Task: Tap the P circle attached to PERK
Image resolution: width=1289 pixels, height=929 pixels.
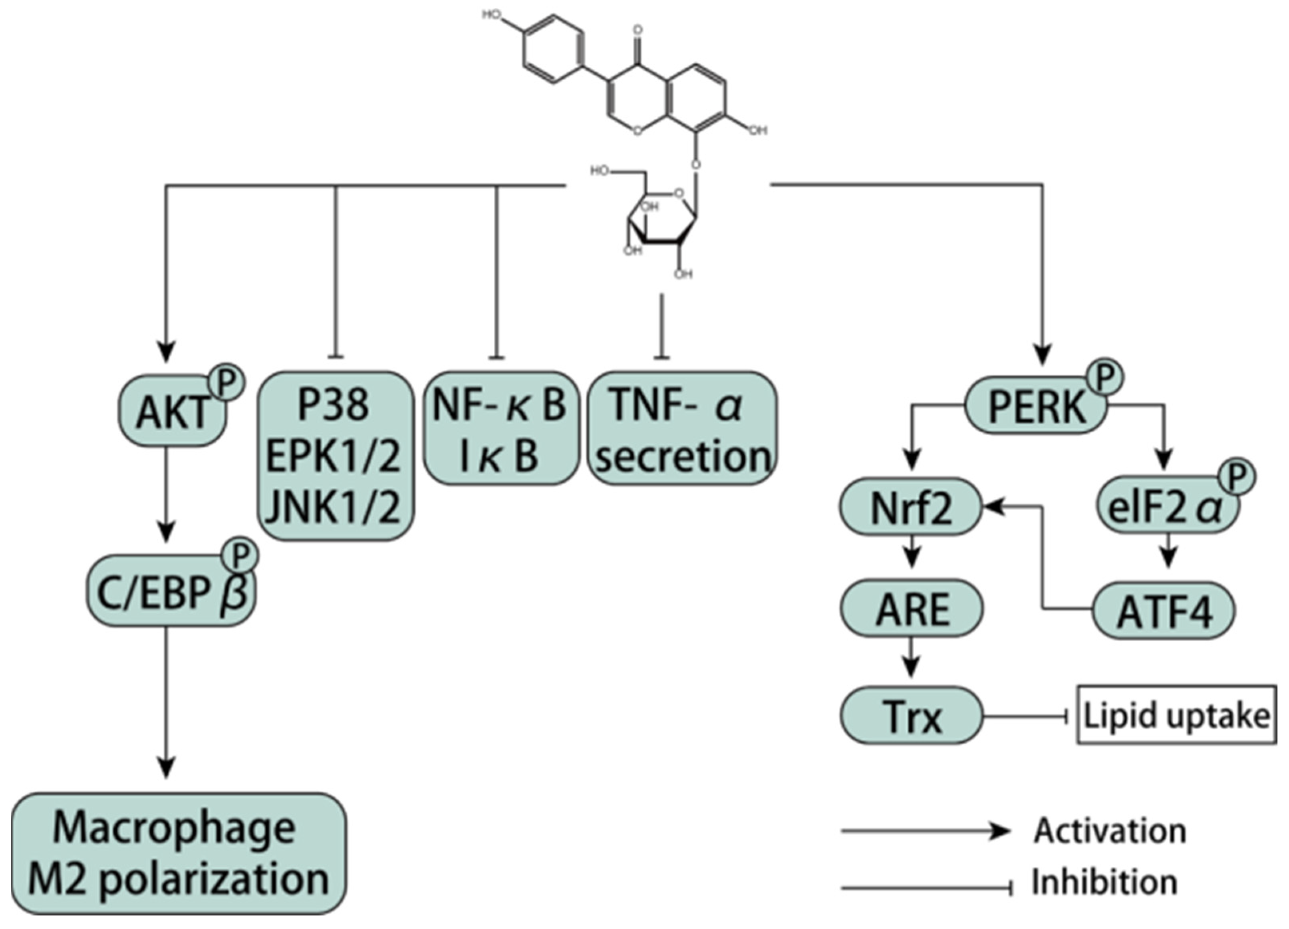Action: pos(1104,377)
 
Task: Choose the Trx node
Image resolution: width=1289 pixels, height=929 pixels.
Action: pos(912,716)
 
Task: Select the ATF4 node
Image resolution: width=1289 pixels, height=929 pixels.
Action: pos(1164,611)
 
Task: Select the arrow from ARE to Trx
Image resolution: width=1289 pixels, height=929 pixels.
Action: pos(912,656)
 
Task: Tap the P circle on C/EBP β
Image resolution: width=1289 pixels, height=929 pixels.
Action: pos(241,555)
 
